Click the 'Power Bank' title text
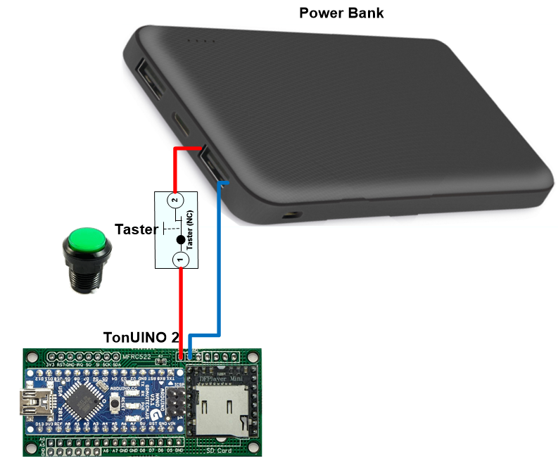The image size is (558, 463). pos(341,13)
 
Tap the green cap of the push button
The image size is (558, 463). pos(87,239)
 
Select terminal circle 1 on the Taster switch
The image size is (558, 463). pos(181,260)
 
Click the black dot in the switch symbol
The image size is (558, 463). pos(181,241)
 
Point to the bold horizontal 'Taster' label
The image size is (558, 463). pos(136,228)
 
